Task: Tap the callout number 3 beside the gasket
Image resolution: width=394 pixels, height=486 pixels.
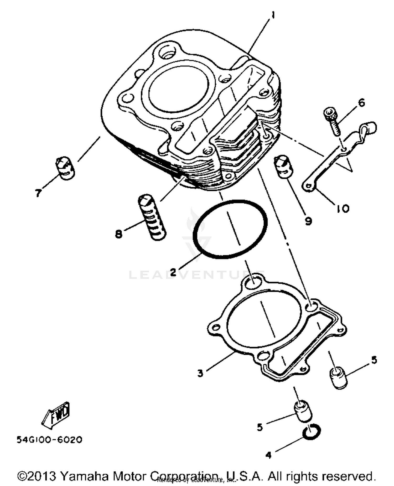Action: [200, 373]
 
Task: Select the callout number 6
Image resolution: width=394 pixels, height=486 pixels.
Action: [362, 103]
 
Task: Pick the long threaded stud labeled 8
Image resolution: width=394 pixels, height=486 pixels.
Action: [152, 217]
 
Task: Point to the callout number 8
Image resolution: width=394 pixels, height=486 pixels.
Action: [119, 234]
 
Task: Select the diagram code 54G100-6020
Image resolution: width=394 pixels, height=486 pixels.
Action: [49, 440]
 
